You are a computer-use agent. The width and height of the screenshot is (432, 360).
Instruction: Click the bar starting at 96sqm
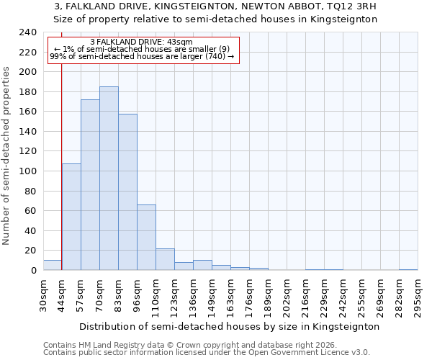146,238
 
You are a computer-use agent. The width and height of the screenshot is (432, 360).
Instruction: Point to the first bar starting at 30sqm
53,265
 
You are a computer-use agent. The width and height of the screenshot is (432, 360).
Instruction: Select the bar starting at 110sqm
165,259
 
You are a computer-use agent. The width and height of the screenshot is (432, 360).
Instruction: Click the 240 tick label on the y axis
27,32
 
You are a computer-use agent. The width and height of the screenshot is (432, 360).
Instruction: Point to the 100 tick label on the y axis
27,171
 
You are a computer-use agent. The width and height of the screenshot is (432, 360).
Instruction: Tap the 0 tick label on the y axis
33,271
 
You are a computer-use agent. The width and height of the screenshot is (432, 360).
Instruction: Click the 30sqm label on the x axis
44,294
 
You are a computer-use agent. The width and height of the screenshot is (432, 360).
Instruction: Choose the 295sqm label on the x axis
418,297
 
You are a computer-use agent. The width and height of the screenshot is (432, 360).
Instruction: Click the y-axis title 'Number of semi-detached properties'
7,156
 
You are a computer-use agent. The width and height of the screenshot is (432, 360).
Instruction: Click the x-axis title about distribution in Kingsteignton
229,326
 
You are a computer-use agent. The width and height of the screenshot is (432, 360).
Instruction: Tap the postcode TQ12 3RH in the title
351,6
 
